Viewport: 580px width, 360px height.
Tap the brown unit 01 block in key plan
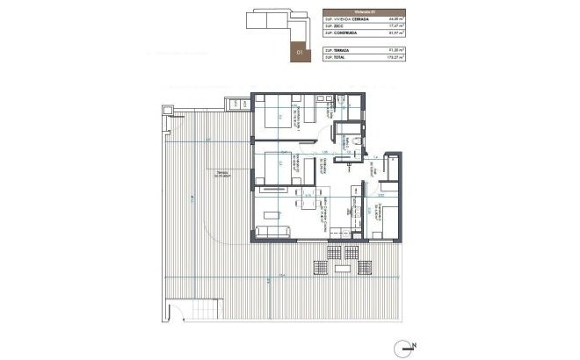300,50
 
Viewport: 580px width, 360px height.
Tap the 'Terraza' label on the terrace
213,174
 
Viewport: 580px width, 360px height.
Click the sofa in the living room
273,231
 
